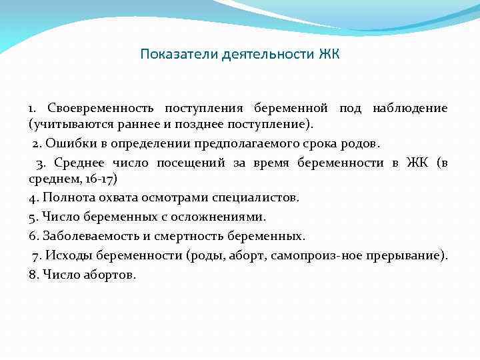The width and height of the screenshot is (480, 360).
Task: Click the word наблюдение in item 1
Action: (410, 107)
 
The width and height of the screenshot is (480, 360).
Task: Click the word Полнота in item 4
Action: (65, 198)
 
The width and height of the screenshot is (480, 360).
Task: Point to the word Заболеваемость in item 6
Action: (86, 236)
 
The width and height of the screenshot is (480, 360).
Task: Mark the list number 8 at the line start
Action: (33, 274)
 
